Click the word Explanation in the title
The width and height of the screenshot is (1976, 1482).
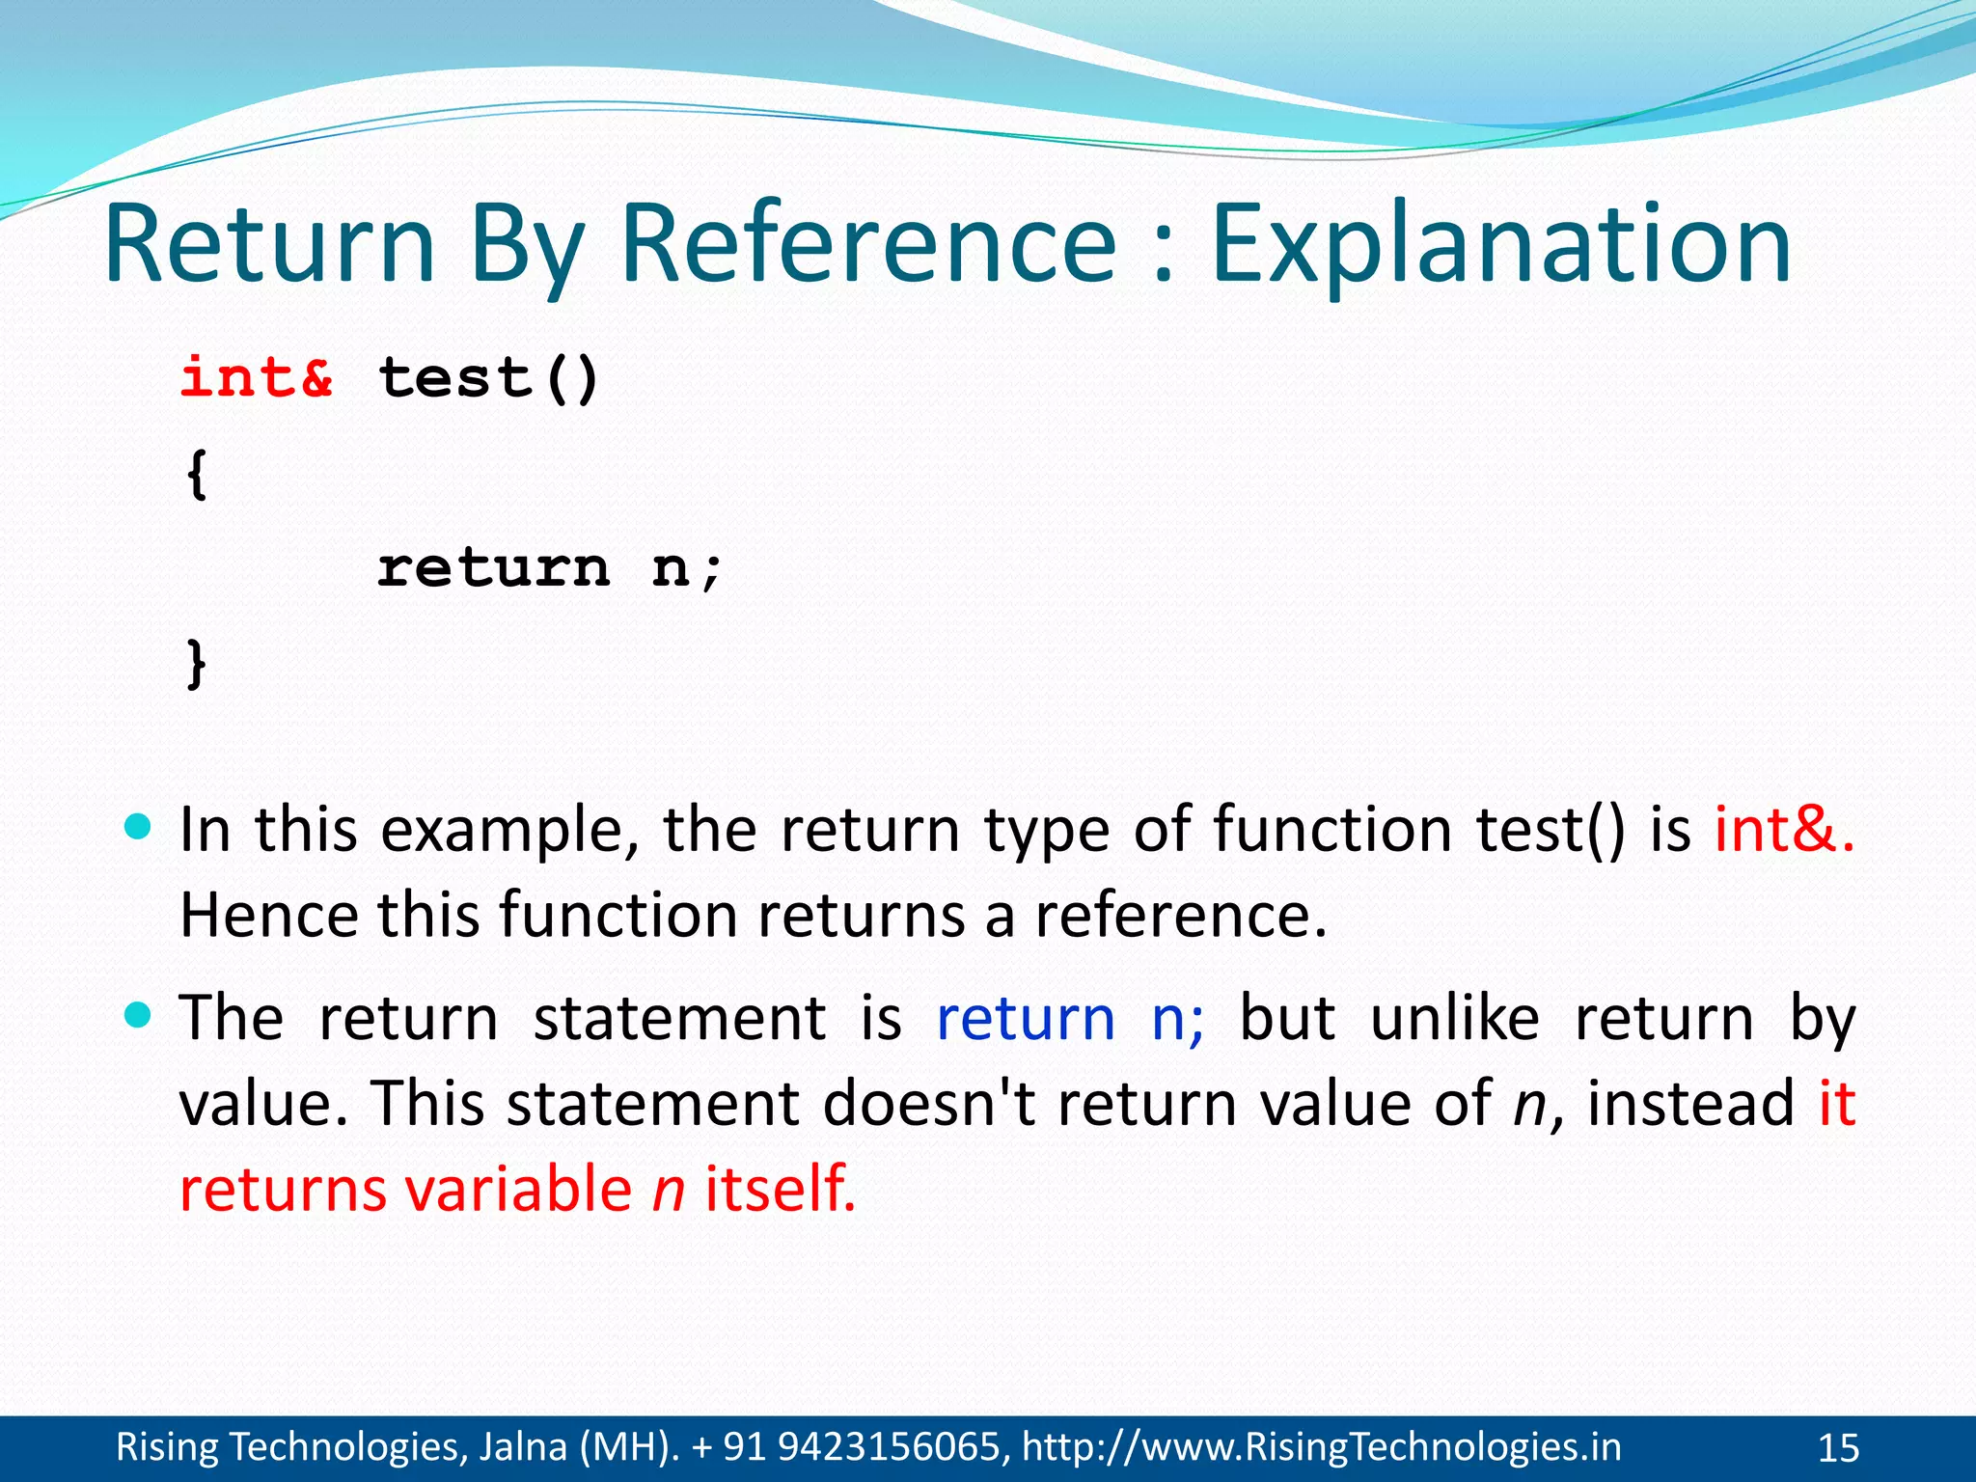pyautogui.click(x=1500, y=246)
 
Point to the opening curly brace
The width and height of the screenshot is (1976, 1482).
pyautogui.click(x=196, y=475)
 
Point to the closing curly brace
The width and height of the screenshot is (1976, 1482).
pyautogui.click(x=196, y=664)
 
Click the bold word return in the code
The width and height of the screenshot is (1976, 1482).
pyautogui.click(x=493, y=567)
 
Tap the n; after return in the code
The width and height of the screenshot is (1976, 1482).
pyautogui.click(x=686, y=567)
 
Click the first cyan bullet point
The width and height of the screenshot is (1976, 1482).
pyautogui.click(x=139, y=827)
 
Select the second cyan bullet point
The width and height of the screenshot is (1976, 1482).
pyautogui.click(x=139, y=1015)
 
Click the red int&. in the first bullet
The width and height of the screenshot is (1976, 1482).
pyautogui.click(x=1784, y=829)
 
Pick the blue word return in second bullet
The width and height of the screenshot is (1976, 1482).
pyautogui.click(x=1026, y=1018)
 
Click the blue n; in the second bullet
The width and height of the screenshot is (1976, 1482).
pyautogui.click(x=1178, y=1018)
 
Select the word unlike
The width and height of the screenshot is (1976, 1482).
pyautogui.click(x=1454, y=1018)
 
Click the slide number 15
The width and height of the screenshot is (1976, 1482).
pyautogui.click(x=1838, y=1448)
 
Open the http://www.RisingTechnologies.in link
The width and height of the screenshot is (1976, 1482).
pyautogui.click(x=1321, y=1447)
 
